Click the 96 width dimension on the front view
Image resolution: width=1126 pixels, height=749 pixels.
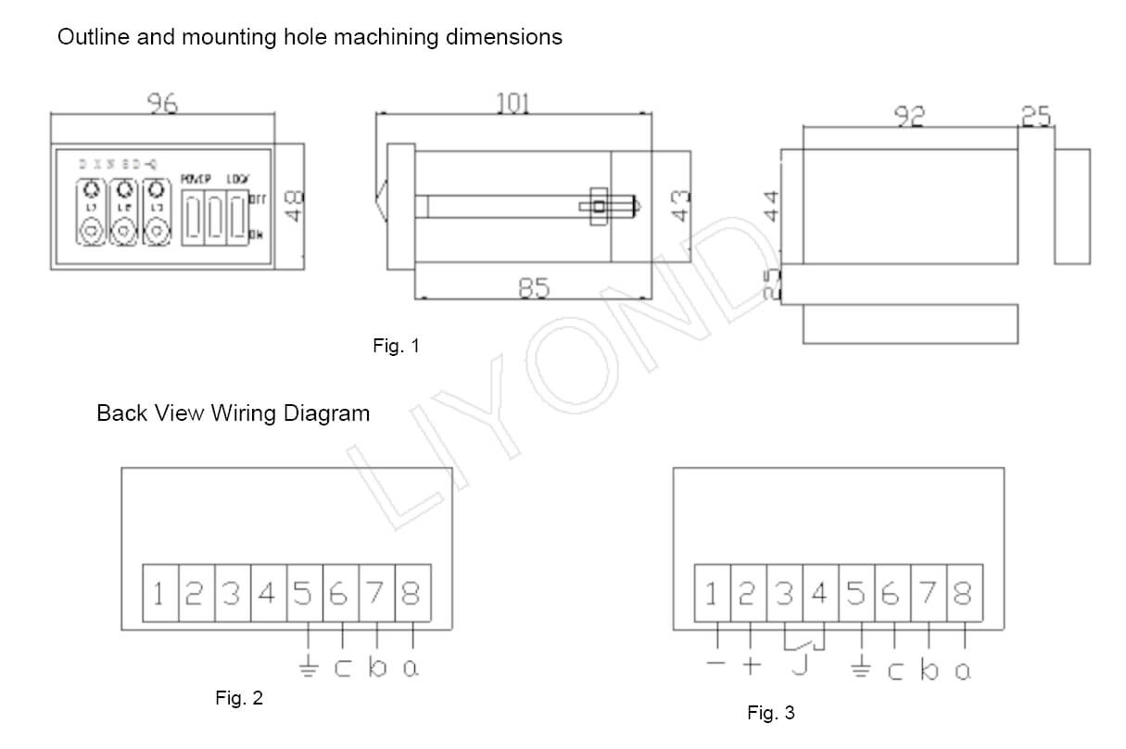click(x=163, y=104)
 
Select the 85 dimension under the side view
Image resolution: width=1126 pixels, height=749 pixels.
click(x=533, y=289)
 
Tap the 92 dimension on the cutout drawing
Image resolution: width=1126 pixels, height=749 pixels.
click(x=909, y=116)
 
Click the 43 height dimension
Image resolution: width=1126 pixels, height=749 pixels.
click(x=680, y=206)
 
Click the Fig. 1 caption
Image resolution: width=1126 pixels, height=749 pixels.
click(x=396, y=346)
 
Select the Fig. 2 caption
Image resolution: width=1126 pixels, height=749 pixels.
click(x=239, y=698)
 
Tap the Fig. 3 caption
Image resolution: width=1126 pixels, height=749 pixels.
click(x=770, y=713)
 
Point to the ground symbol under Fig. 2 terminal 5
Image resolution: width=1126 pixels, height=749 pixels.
click(x=308, y=666)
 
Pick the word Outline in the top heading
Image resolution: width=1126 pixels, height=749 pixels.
click(x=89, y=37)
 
